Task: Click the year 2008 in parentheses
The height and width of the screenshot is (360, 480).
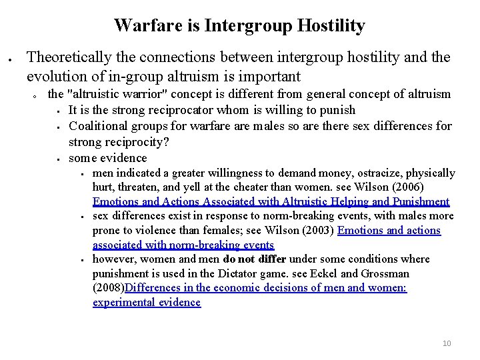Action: point(109,288)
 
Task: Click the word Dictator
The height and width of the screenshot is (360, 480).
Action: point(247,273)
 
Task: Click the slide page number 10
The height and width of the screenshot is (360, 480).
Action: point(447,343)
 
